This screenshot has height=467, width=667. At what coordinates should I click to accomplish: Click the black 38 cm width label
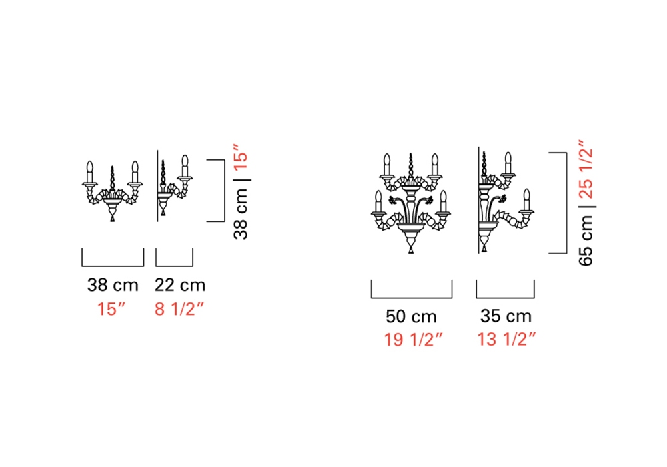(x=113, y=285)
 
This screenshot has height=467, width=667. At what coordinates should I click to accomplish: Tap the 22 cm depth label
(x=180, y=285)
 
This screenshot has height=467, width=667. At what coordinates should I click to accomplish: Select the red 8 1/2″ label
(x=179, y=309)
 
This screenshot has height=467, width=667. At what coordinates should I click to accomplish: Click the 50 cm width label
(x=411, y=316)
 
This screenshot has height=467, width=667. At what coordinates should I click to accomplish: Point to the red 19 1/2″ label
(x=413, y=340)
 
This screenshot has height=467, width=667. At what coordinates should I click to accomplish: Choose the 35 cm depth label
(x=506, y=316)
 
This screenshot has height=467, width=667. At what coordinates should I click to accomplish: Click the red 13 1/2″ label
(x=506, y=339)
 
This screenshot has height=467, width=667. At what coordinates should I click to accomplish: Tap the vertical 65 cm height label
(x=586, y=240)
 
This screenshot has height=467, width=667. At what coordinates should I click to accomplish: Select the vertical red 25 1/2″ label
(x=586, y=169)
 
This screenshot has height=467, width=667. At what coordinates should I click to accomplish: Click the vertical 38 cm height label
(x=241, y=214)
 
